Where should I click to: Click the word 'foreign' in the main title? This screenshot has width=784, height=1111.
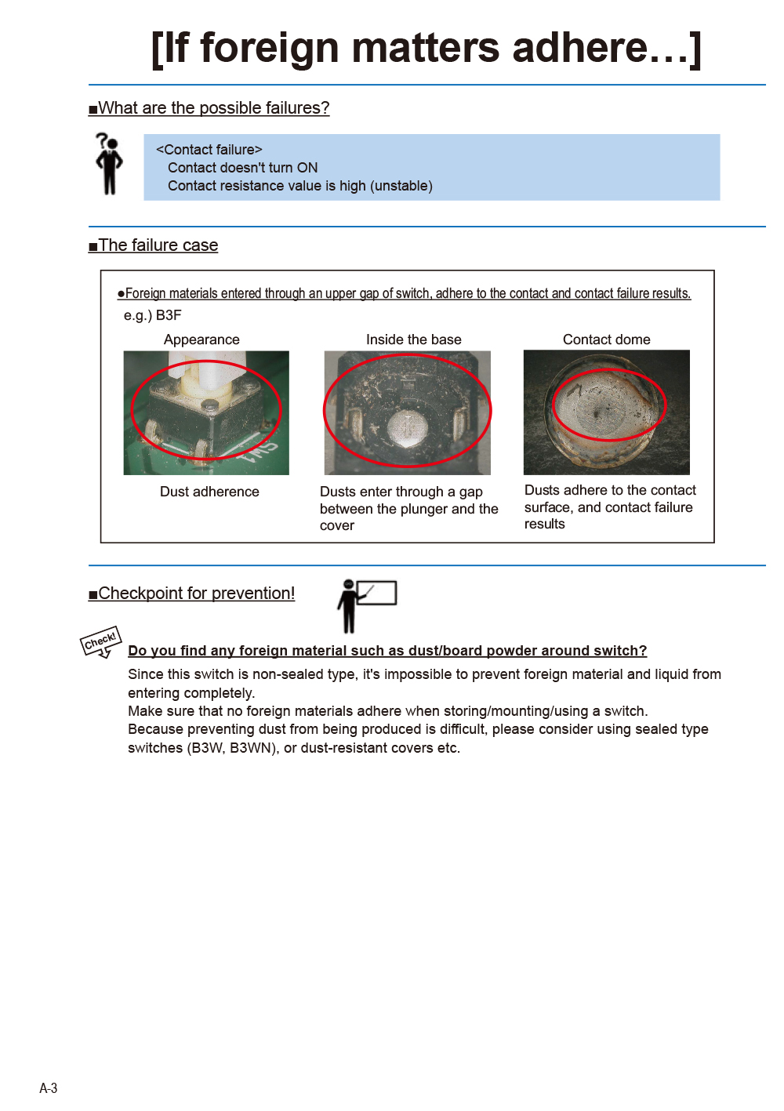pos(270,49)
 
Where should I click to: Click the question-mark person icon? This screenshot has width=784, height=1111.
pos(109,163)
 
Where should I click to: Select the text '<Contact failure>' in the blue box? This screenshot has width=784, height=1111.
pos(209,150)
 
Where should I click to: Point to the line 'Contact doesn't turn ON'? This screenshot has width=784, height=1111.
pos(242,168)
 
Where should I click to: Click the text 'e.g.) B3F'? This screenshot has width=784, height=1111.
pos(153,315)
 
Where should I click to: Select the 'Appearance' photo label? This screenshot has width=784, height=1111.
pos(201,339)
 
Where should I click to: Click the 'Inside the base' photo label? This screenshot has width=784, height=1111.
pos(413,339)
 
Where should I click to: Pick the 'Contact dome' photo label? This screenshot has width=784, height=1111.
pos(606,339)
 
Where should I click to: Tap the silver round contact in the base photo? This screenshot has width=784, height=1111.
pos(407,428)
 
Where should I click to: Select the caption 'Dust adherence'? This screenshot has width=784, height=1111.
pos(209,492)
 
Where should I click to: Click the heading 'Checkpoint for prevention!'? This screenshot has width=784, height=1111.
pos(197,594)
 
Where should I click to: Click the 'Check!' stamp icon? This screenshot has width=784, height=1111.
pos(101,642)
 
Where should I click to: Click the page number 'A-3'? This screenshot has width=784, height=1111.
pos(49,1087)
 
